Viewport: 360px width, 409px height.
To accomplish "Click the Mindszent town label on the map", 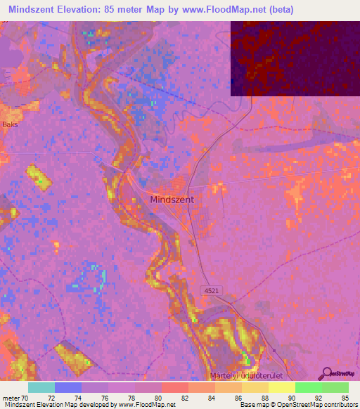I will [x=172, y=200].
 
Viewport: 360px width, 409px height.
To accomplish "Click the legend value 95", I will [x=344, y=397].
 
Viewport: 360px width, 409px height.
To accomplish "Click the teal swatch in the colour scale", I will [x=41, y=387].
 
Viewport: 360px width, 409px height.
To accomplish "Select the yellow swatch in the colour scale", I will [x=281, y=387].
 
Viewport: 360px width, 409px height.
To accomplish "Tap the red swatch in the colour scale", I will [x=174, y=387].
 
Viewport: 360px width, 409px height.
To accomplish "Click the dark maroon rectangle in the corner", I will [x=295, y=58].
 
